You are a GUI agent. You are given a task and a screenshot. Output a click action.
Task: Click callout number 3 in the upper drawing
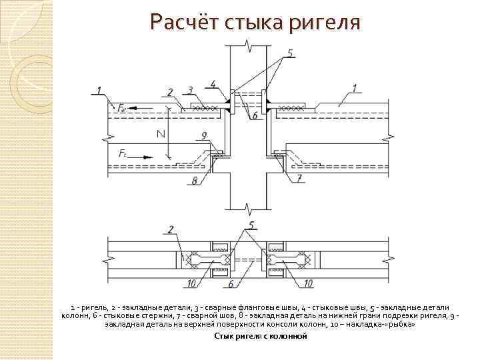(191, 90)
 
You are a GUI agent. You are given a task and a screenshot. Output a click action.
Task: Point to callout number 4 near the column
(213, 83)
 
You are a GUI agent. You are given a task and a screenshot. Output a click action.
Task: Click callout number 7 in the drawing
(299, 178)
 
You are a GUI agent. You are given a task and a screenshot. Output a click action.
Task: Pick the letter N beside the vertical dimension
(161, 134)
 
